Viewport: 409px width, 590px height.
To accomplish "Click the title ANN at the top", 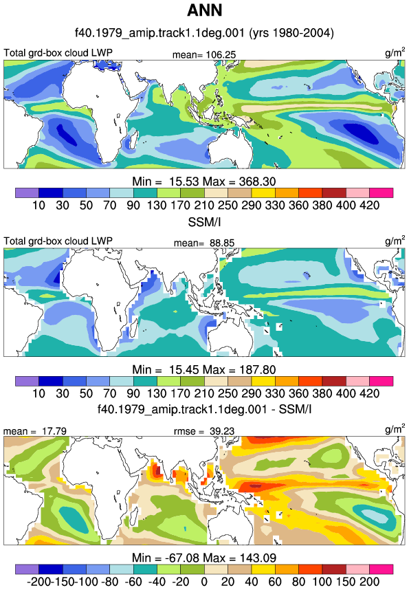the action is pyautogui.click(x=204, y=10).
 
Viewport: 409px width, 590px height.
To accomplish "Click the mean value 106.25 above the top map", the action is pyautogui.click(x=221, y=55).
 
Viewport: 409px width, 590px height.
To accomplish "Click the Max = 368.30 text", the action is pyautogui.click(x=239, y=182).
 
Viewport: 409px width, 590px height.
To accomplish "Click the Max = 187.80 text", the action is pyautogui.click(x=239, y=369).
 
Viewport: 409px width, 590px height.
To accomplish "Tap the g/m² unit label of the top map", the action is pyautogui.click(x=395, y=52).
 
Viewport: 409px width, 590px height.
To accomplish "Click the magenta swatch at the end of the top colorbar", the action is pyautogui.click(x=381, y=193).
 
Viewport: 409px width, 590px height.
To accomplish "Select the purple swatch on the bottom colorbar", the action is pyautogui.click(x=27, y=569).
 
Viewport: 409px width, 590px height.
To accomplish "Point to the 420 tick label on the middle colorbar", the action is pyautogui.click(x=370, y=393).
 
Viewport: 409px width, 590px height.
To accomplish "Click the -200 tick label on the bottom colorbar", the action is pyautogui.click(x=38, y=582).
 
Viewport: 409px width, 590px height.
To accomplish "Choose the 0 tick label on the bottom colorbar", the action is pyautogui.click(x=204, y=582).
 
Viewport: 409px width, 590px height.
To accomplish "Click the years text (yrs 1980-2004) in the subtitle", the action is pyautogui.click(x=291, y=33).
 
